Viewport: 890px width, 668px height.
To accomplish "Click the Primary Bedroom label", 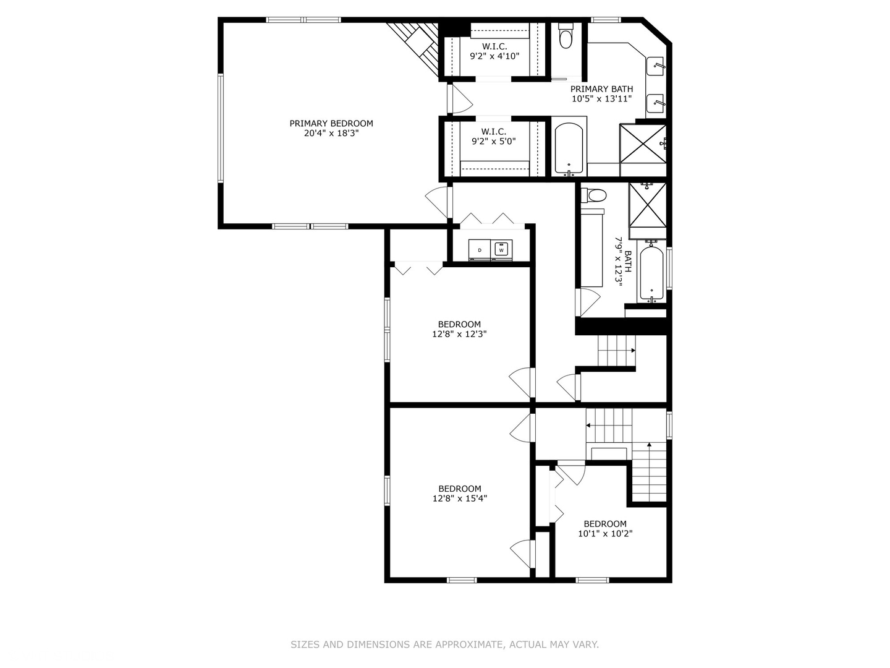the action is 331,123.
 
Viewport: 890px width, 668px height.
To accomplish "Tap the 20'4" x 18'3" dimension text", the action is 331,134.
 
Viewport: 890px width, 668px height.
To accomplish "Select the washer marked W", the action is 501,250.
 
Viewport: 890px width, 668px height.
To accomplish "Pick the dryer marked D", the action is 480,250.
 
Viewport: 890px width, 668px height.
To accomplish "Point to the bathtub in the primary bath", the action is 569,149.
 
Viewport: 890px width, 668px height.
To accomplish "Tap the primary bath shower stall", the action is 643,144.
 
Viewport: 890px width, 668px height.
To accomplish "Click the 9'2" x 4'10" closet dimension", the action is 494,56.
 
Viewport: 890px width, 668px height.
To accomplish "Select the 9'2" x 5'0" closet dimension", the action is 493,142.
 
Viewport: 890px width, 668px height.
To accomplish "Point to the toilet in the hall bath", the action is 593,195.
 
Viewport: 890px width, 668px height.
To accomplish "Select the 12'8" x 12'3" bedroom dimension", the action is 459,334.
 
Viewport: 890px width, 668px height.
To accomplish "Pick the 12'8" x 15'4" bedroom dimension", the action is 459,499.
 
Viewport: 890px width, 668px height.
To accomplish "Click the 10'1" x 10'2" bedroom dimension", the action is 605,533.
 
